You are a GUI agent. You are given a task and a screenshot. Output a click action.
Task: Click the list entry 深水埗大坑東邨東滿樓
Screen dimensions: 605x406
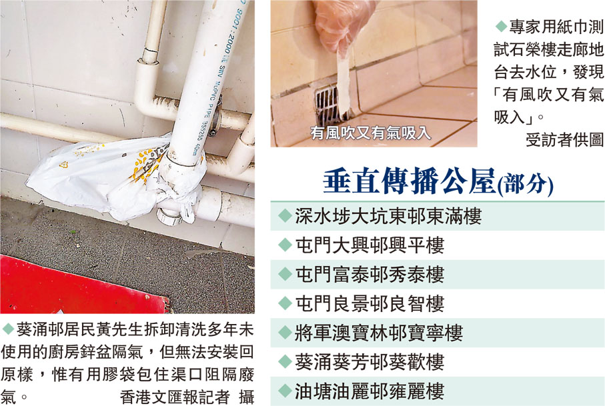(x=388, y=216)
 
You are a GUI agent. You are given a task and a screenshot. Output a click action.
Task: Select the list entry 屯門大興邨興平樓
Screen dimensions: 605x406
(x=370, y=245)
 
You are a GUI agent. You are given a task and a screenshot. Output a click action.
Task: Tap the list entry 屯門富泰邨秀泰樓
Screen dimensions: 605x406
(x=370, y=275)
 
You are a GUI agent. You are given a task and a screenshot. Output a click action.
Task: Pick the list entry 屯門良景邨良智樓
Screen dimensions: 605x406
(x=370, y=304)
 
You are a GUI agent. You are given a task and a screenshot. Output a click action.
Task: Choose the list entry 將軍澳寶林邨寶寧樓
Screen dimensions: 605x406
(x=379, y=333)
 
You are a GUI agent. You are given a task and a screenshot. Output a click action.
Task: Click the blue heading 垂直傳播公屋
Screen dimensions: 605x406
(x=410, y=181)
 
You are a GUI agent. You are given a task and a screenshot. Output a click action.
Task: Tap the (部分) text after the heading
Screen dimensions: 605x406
(x=525, y=184)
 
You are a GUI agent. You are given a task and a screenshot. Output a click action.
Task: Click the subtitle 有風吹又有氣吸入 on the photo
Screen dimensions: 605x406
(x=370, y=133)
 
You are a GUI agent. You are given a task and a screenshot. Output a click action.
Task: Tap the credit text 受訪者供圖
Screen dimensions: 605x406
(x=564, y=140)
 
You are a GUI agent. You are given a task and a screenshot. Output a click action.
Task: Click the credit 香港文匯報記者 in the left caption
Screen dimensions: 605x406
(x=175, y=397)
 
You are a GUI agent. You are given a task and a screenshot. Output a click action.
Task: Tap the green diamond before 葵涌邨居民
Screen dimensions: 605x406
(x=8, y=329)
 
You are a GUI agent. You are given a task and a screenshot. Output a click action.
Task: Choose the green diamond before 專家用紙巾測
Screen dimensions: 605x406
(x=501, y=26)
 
